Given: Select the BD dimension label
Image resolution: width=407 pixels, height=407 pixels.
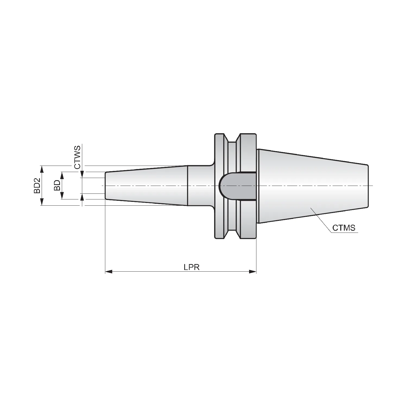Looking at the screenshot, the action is coord(57,186).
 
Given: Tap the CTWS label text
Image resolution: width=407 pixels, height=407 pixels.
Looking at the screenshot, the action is coord(77,157).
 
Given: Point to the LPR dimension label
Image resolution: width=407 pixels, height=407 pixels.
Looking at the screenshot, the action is coord(192,267).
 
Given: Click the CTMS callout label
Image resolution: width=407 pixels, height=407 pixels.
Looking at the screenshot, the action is coord(344,228).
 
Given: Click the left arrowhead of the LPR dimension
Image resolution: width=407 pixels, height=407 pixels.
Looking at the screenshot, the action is coord(109,271).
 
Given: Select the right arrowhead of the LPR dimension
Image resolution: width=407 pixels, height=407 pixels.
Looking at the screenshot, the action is coord(253,271).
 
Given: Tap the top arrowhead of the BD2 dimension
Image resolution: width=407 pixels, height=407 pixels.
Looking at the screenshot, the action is coord(42,169).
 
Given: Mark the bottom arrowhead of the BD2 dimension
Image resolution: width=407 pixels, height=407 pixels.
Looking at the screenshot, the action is coord(42,202).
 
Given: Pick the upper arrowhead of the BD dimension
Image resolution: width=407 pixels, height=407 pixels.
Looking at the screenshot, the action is coord(62,175).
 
